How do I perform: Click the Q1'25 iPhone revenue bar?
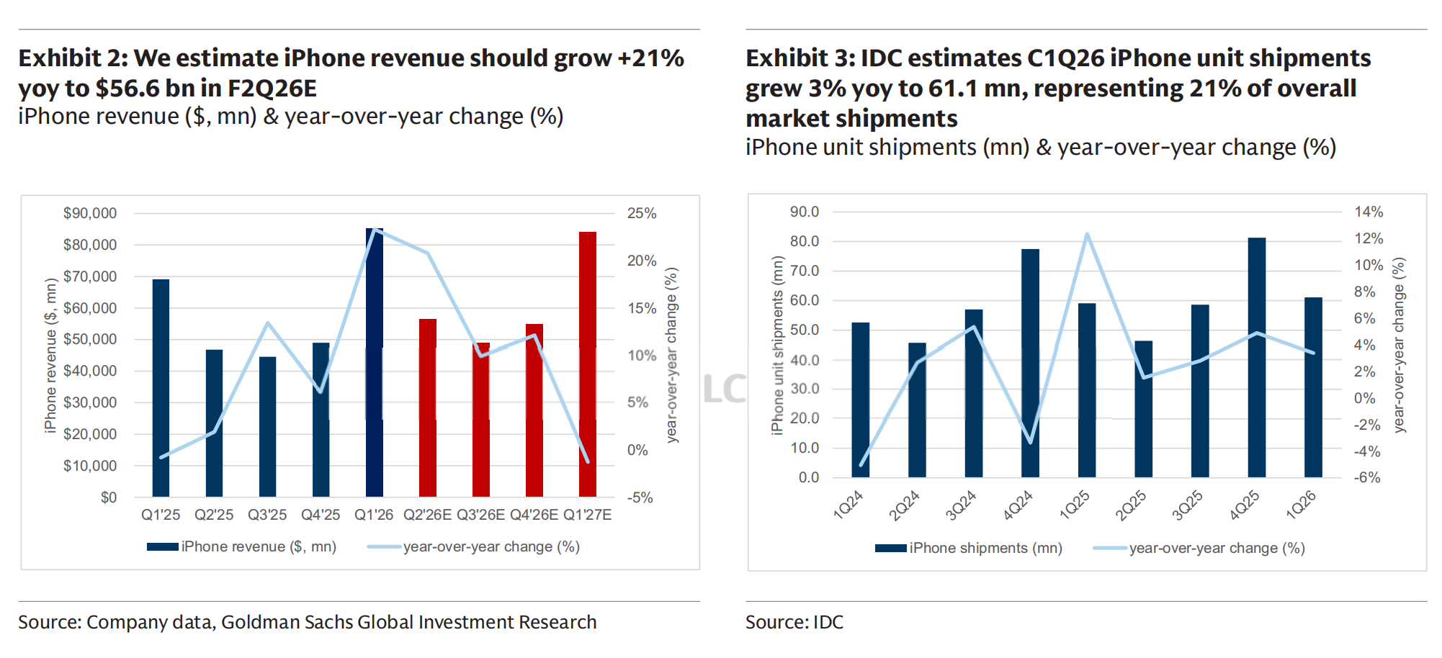pyautogui.click(x=161, y=389)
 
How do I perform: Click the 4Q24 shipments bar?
pyautogui.click(x=1030, y=363)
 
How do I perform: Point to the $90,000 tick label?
pyautogui.click(x=90, y=213)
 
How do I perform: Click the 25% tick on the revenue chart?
pyautogui.click(x=641, y=213)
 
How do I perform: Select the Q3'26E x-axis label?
pyautogui.click(x=480, y=515)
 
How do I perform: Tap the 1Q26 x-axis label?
pyautogui.click(x=1301, y=505)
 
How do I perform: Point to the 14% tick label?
pyautogui.click(x=1369, y=212)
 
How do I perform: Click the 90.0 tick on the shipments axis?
pyautogui.click(x=805, y=212)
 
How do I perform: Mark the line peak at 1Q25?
pyautogui.click(x=1087, y=234)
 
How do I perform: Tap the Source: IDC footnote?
pyautogui.click(x=794, y=622)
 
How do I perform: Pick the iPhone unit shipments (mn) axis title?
pyautogui.click(x=777, y=346)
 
